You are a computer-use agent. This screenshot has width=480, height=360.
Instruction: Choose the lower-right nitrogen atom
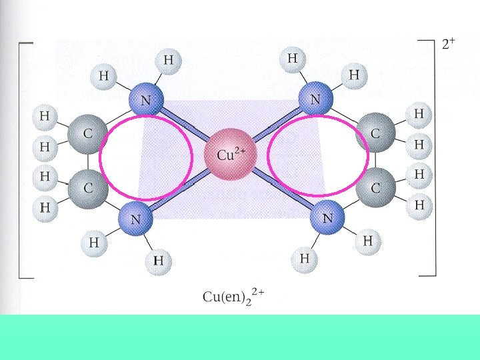click(x=327, y=217)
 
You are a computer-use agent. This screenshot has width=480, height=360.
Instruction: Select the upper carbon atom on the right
click(x=375, y=133)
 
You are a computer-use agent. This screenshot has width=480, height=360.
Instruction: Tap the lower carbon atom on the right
click(x=375, y=188)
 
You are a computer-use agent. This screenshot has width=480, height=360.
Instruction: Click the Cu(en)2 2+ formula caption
click(x=233, y=295)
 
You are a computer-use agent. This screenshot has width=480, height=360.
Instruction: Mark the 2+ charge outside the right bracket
click(x=449, y=45)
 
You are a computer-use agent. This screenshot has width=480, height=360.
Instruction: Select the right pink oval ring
click(x=368, y=157)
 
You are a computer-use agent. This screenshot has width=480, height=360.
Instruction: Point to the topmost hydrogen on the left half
click(x=169, y=60)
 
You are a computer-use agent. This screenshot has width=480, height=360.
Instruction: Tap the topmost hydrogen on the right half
click(x=292, y=59)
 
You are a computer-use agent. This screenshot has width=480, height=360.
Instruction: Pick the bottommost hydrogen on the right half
click(x=305, y=257)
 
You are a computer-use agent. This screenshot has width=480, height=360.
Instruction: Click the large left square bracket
click(x=21, y=160)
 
